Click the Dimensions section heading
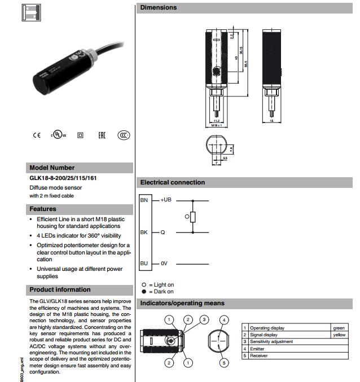coord(159,8)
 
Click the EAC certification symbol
coord(102,135)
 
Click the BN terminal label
coord(144,200)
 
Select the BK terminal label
coord(144,232)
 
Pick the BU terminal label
coord(144,263)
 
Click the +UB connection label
coord(165,200)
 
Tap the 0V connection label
coord(164,263)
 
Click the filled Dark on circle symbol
coord(144,292)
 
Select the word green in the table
coord(339,328)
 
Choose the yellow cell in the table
coord(339,335)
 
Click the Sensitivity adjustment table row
coord(271,341)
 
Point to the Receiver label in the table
coord(260,355)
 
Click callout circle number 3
coord(205,319)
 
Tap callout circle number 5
coord(224,363)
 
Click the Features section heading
coord(43,209)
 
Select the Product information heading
coord(60,289)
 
